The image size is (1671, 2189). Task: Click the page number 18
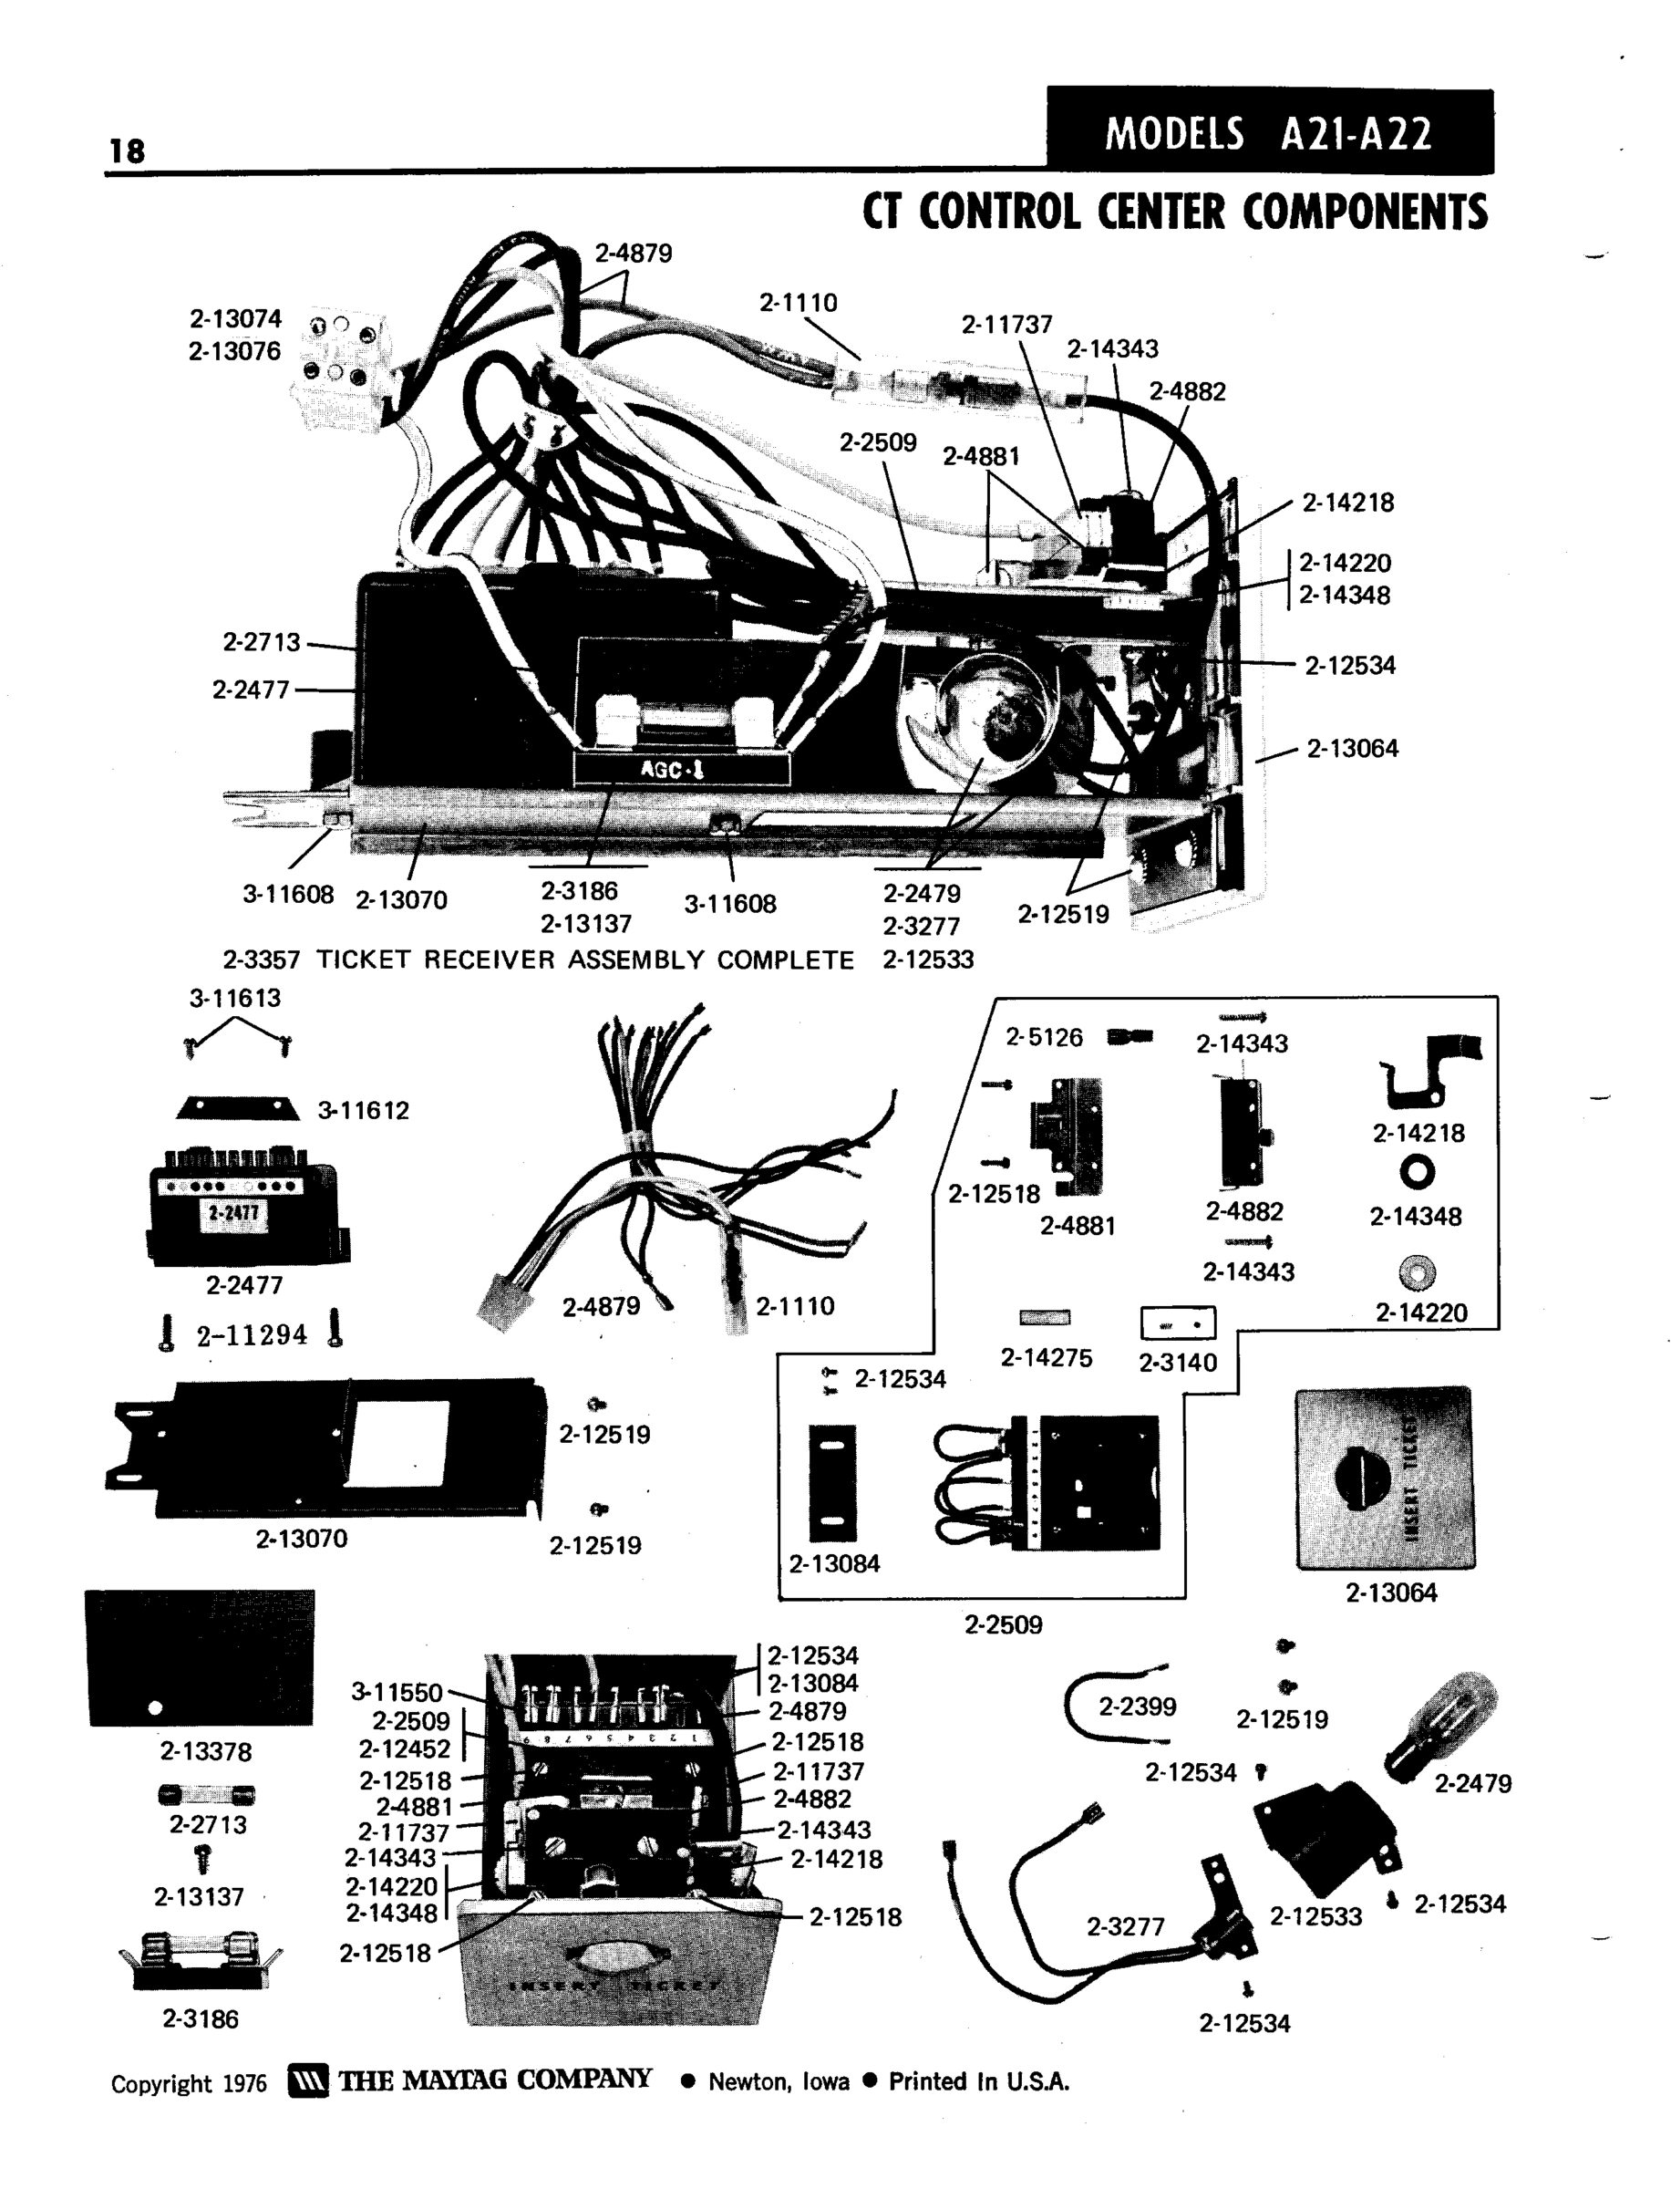click(x=128, y=151)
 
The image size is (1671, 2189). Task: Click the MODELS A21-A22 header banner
click(x=1269, y=132)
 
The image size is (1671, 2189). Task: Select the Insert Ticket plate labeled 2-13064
click(x=1385, y=1478)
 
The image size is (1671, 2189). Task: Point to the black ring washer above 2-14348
click(x=1417, y=1174)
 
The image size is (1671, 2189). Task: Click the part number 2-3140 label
click(x=1178, y=1362)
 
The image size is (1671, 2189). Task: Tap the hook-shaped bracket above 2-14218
click(x=1427, y=1071)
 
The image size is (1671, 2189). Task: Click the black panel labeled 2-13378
click(x=201, y=1656)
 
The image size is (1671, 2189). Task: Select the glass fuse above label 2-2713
click(x=206, y=1794)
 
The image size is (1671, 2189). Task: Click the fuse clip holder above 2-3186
click(x=200, y=1961)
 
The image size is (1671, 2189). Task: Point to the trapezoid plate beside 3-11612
click(x=238, y=1108)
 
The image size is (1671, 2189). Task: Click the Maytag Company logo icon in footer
click(x=307, y=2080)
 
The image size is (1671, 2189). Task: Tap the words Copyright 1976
click(x=189, y=2083)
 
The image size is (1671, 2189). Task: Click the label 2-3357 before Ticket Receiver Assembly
click(x=261, y=960)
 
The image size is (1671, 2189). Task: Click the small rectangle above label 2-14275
click(x=1045, y=1317)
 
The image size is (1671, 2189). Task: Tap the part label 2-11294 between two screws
click(x=252, y=1334)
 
